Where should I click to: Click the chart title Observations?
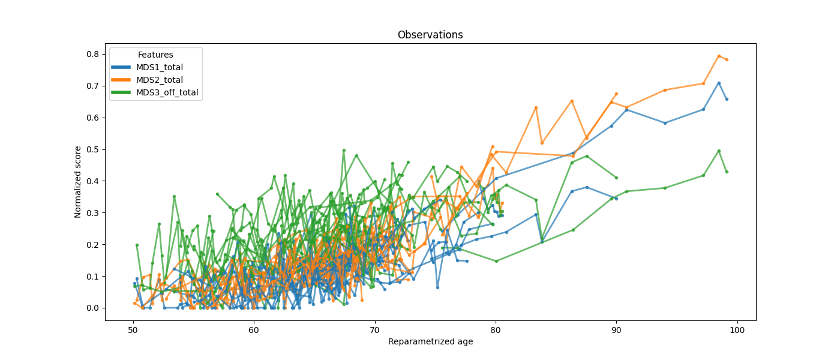coord(430,35)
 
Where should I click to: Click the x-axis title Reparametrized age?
coord(430,342)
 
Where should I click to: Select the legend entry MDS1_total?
coord(159,67)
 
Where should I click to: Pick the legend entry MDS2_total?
coord(159,80)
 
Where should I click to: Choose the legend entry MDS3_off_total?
coord(167,92)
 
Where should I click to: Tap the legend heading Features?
coord(155,55)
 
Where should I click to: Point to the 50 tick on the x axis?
coord(133,330)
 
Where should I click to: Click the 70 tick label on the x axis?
coord(374,330)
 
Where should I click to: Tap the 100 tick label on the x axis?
coord(737,330)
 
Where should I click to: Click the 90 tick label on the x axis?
coord(616,330)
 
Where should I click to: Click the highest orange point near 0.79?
coord(719,56)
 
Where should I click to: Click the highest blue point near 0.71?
coord(719,83)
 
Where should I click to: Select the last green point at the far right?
coord(727,172)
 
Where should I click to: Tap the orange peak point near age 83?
coord(536,107)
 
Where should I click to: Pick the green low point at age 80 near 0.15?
coord(496,261)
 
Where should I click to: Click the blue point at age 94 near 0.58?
coord(665,123)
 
